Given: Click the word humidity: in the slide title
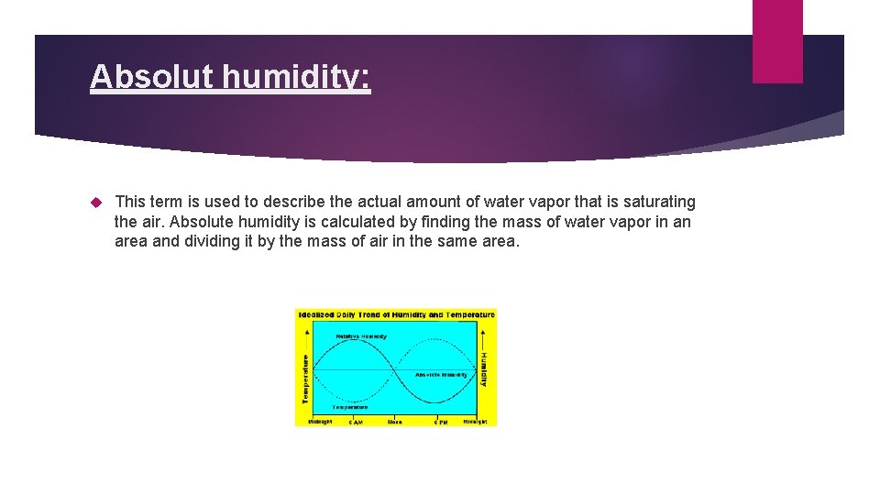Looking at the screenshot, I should coord(295,78).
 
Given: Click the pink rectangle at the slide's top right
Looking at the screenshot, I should coord(777,41).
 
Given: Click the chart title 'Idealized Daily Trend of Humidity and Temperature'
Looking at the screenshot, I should coord(396,314).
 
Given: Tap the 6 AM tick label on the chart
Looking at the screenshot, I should coord(355,422).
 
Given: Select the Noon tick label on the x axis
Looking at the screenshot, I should coord(395,422).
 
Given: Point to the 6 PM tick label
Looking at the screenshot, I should coord(440,422).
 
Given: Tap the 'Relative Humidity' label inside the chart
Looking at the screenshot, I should coord(360,336).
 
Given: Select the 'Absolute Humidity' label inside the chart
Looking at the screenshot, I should coord(441,375).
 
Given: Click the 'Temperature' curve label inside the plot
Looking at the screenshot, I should coord(349,406).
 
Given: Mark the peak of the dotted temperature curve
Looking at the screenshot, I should coord(438,341).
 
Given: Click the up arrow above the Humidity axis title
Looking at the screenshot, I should coord(485,341).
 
